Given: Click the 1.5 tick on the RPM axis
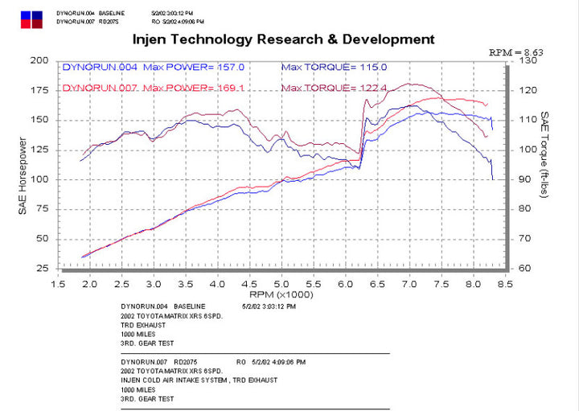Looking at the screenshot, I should (x=58, y=284).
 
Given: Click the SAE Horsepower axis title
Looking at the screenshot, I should (x=23, y=176).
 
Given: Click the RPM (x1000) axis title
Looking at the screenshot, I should (x=281, y=295).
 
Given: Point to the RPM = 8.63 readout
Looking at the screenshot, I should (x=516, y=51).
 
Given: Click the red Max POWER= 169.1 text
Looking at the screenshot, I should (x=191, y=87).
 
